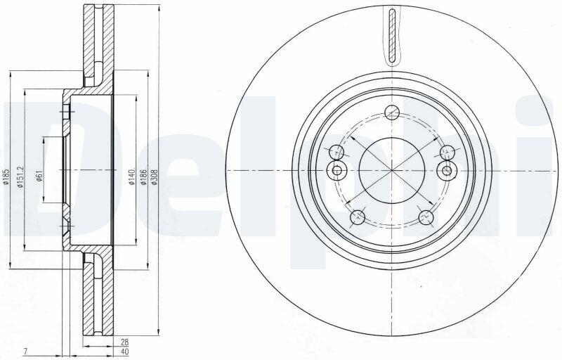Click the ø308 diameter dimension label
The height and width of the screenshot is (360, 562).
tap(154, 177)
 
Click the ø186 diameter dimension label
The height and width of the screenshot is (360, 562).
tap(143, 177)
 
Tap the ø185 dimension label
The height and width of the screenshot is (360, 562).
tap(5, 177)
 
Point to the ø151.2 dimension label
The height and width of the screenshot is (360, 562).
tap(20, 176)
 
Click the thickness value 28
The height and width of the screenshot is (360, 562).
tap(125, 342)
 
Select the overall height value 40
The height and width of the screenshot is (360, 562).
tap(125, 352)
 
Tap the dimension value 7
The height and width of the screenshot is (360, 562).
tap(25, 352)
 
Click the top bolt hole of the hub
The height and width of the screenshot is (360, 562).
tap(392, 112)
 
